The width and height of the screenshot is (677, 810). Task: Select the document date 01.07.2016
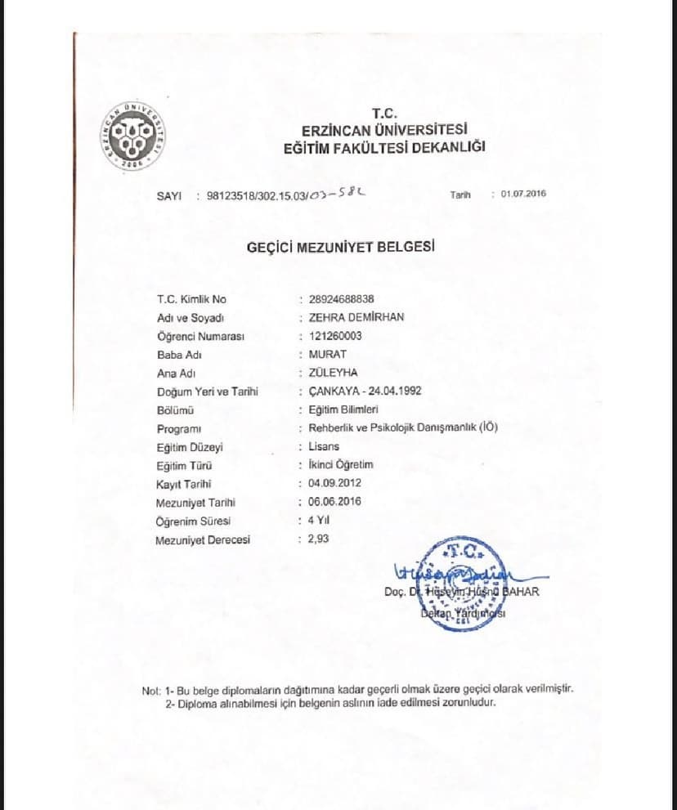point(523,194)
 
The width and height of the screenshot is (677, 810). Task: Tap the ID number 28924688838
point(342,299)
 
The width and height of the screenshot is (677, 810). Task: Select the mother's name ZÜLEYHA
point(333,373)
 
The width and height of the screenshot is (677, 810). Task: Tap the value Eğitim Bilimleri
point(343,409)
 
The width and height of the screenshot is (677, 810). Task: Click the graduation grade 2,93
point(319,539)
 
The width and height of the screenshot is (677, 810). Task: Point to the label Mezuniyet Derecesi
point(203,539)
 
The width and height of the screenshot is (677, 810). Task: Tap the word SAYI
point(168,196)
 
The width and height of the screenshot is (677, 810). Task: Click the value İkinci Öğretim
point(340,464)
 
